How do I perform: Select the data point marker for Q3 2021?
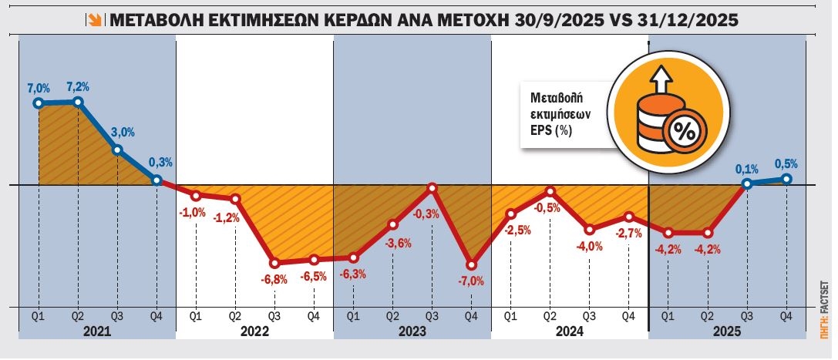(x=117, y=150)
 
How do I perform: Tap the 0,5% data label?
(x=786, y=163)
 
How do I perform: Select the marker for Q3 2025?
(x=746, y=184)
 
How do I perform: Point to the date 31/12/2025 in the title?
(x=688, y=21)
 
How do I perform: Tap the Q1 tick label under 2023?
(x=353, y=315)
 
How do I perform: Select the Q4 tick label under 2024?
(x=629, y=315)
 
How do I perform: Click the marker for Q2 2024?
(x=550, y=191)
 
